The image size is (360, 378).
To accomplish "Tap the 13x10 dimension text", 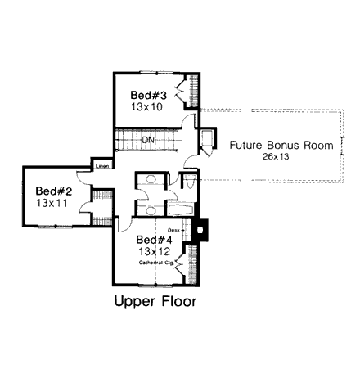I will point(147,106).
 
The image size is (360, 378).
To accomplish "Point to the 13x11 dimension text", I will point(53,200).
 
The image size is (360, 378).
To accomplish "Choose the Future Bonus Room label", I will point(281,146).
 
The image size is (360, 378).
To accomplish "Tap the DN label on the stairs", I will point(148,141).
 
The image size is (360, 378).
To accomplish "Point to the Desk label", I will point(172,231).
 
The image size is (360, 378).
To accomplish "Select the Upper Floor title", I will point(155,301).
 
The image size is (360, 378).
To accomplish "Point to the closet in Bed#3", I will point(192,91).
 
